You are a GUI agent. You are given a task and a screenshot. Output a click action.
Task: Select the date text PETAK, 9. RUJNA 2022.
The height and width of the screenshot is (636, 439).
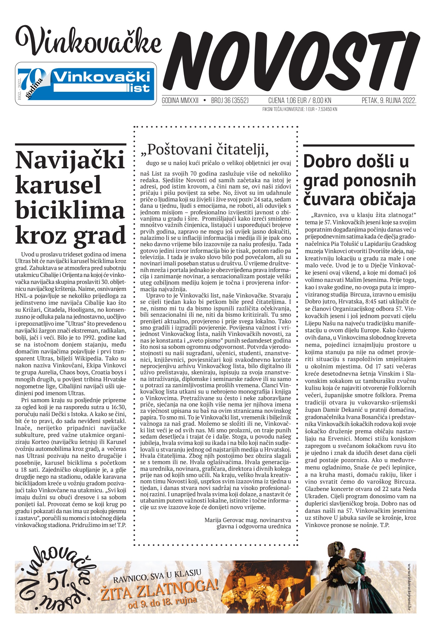(x=389, y=101)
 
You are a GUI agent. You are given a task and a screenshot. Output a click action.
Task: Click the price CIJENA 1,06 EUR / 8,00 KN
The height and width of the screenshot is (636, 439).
(x=300, y=101)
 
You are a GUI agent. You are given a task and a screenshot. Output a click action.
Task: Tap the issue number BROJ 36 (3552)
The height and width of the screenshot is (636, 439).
(x=230, y=101)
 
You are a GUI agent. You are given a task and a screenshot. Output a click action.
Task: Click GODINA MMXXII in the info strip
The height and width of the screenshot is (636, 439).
(x=180, y=101)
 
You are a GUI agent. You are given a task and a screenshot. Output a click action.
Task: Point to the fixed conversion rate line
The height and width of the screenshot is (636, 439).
(x=300, y=109)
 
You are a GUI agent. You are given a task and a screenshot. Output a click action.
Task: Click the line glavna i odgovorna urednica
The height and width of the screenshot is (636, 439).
(x=254, y=526)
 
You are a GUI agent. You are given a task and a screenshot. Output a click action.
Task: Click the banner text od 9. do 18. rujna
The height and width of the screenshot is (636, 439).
(x=163, y=603)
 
